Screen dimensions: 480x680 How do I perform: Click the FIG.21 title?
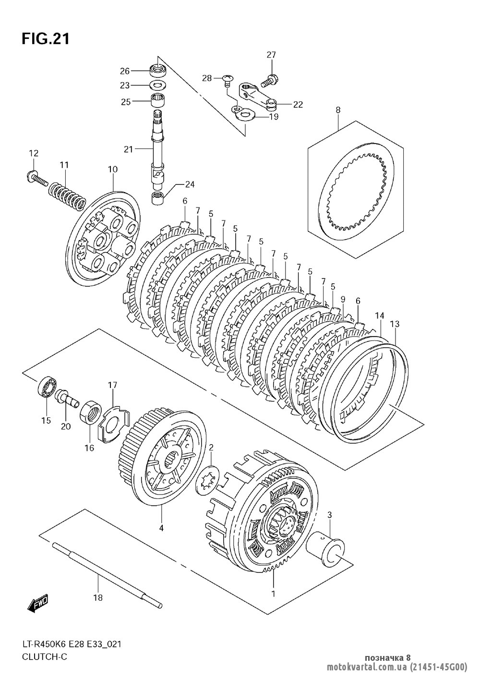(46, 39)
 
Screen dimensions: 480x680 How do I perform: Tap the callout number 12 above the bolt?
(34, 153)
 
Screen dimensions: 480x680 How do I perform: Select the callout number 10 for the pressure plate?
(113, 170)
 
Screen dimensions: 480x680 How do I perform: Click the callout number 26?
(125, 71)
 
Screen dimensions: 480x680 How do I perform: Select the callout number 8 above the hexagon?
(338, 109)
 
